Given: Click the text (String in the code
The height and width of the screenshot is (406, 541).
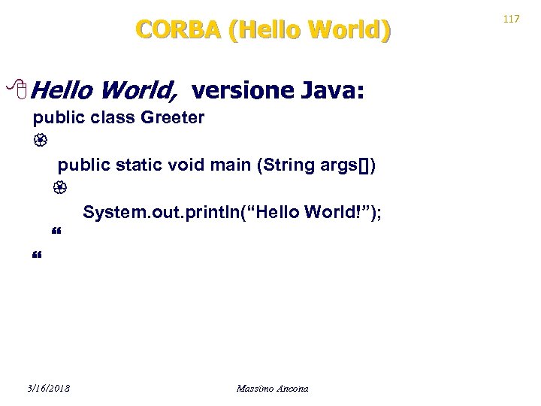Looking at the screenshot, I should pyautogui.click(x=280, y=165).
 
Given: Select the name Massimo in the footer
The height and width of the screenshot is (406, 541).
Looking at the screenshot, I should pyautogui.click(x=255, y=389).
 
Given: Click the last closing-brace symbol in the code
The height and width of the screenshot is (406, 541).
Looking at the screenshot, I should pyautogui.click(x=37, y=258).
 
